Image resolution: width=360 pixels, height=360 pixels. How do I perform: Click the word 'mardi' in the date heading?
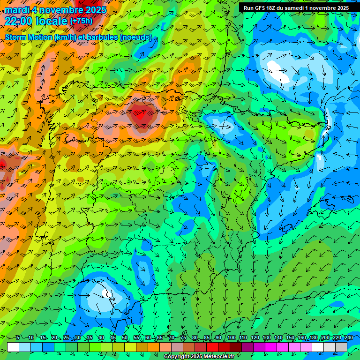[x=16, y=10]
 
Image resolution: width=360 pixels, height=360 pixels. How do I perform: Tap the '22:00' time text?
[x=19, y=21]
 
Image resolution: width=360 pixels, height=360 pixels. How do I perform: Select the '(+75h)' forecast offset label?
[x=81, y=21]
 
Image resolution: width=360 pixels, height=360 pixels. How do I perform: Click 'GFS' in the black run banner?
[x=260, y=8]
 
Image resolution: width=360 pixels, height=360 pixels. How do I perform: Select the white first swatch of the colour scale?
[x=13, y=347]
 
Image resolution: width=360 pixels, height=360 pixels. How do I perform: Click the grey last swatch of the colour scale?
[x=341, y=347]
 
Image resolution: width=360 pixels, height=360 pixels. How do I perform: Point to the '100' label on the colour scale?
[x=232, y=337]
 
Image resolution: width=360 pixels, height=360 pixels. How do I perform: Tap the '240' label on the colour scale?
[x=349, y=337]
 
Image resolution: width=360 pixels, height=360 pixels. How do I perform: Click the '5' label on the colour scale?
[x=18, y=337]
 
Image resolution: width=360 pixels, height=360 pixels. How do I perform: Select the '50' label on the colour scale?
[x=125, y=337]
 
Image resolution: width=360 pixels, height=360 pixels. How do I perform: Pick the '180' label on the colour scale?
[x=314, y=337]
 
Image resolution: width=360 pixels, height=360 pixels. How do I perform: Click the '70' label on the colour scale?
[x=172, y=337]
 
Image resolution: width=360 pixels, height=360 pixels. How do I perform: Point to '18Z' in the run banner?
[x=271, y=8]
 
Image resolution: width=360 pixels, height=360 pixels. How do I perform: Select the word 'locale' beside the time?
[x=51, y=21]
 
